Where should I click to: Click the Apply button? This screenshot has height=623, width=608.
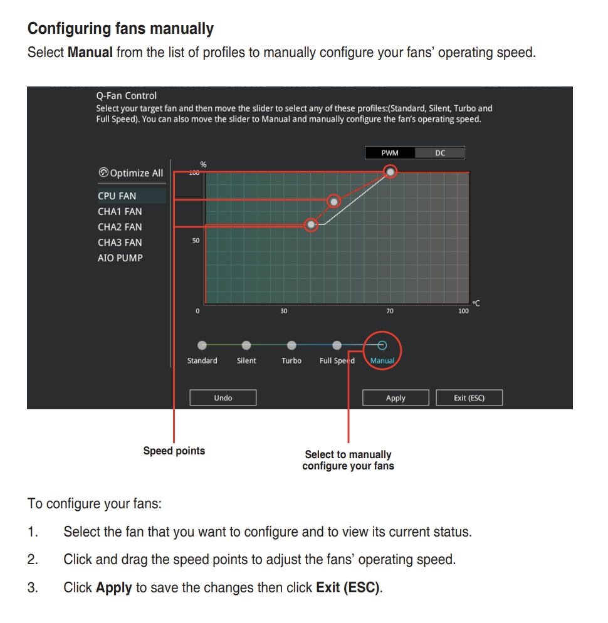tap(396, 398)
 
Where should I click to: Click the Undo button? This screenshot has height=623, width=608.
tap(223, 398)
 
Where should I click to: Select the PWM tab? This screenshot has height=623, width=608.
tap(390, 153)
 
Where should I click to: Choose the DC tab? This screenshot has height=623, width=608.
tap(440, 153)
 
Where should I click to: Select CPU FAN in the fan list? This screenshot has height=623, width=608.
tap(117, 196)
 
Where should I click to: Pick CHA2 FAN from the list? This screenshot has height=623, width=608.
tap(120, 227)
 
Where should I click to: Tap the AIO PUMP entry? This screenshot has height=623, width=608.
tap(120, 258)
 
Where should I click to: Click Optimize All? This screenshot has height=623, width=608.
tap(131, 173)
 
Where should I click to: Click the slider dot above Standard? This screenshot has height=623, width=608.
tap(202, 345)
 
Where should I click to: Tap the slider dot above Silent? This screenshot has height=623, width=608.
tap(246, 345)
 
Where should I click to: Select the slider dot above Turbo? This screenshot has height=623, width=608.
tap(291, 345)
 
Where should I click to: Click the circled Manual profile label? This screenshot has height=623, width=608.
tap(382, 361)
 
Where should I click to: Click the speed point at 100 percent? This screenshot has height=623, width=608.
tap(390, 171)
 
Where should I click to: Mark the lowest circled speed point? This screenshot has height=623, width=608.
tap(311, 225)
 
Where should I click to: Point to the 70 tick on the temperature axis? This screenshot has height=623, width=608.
tap(390, 311)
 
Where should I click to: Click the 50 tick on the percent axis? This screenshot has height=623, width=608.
tap(196, 241)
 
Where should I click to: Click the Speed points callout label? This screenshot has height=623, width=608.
tap(174, 451)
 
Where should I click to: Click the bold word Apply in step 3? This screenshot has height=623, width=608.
tap(113, 588)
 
